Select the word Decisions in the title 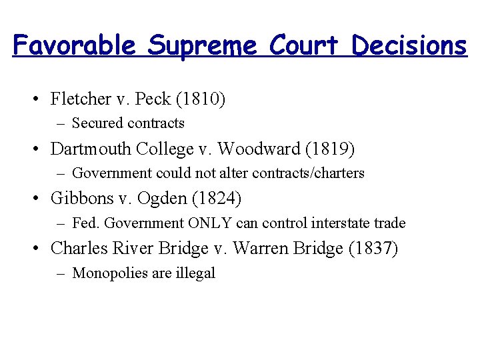coord(409,45)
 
